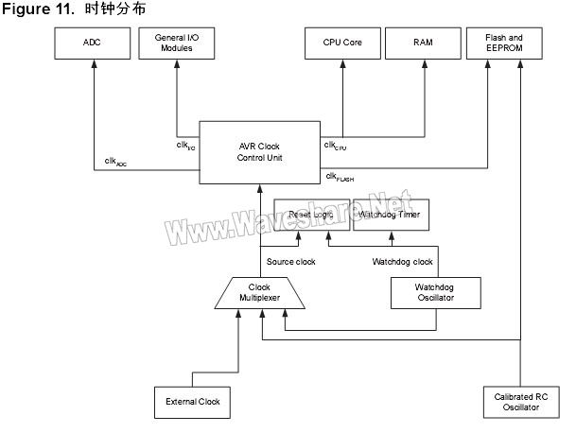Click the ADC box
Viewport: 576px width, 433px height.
point(93,43)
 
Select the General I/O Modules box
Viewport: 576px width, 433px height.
point(178,43)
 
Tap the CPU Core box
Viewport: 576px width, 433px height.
point(342,43)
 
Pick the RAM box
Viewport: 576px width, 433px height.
point(424,43)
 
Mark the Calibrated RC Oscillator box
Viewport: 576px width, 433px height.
point(520,402)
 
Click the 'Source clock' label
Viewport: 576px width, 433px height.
point(289,261)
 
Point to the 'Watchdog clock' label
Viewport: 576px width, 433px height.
point(401,261)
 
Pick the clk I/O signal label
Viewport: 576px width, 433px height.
point(185,145)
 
